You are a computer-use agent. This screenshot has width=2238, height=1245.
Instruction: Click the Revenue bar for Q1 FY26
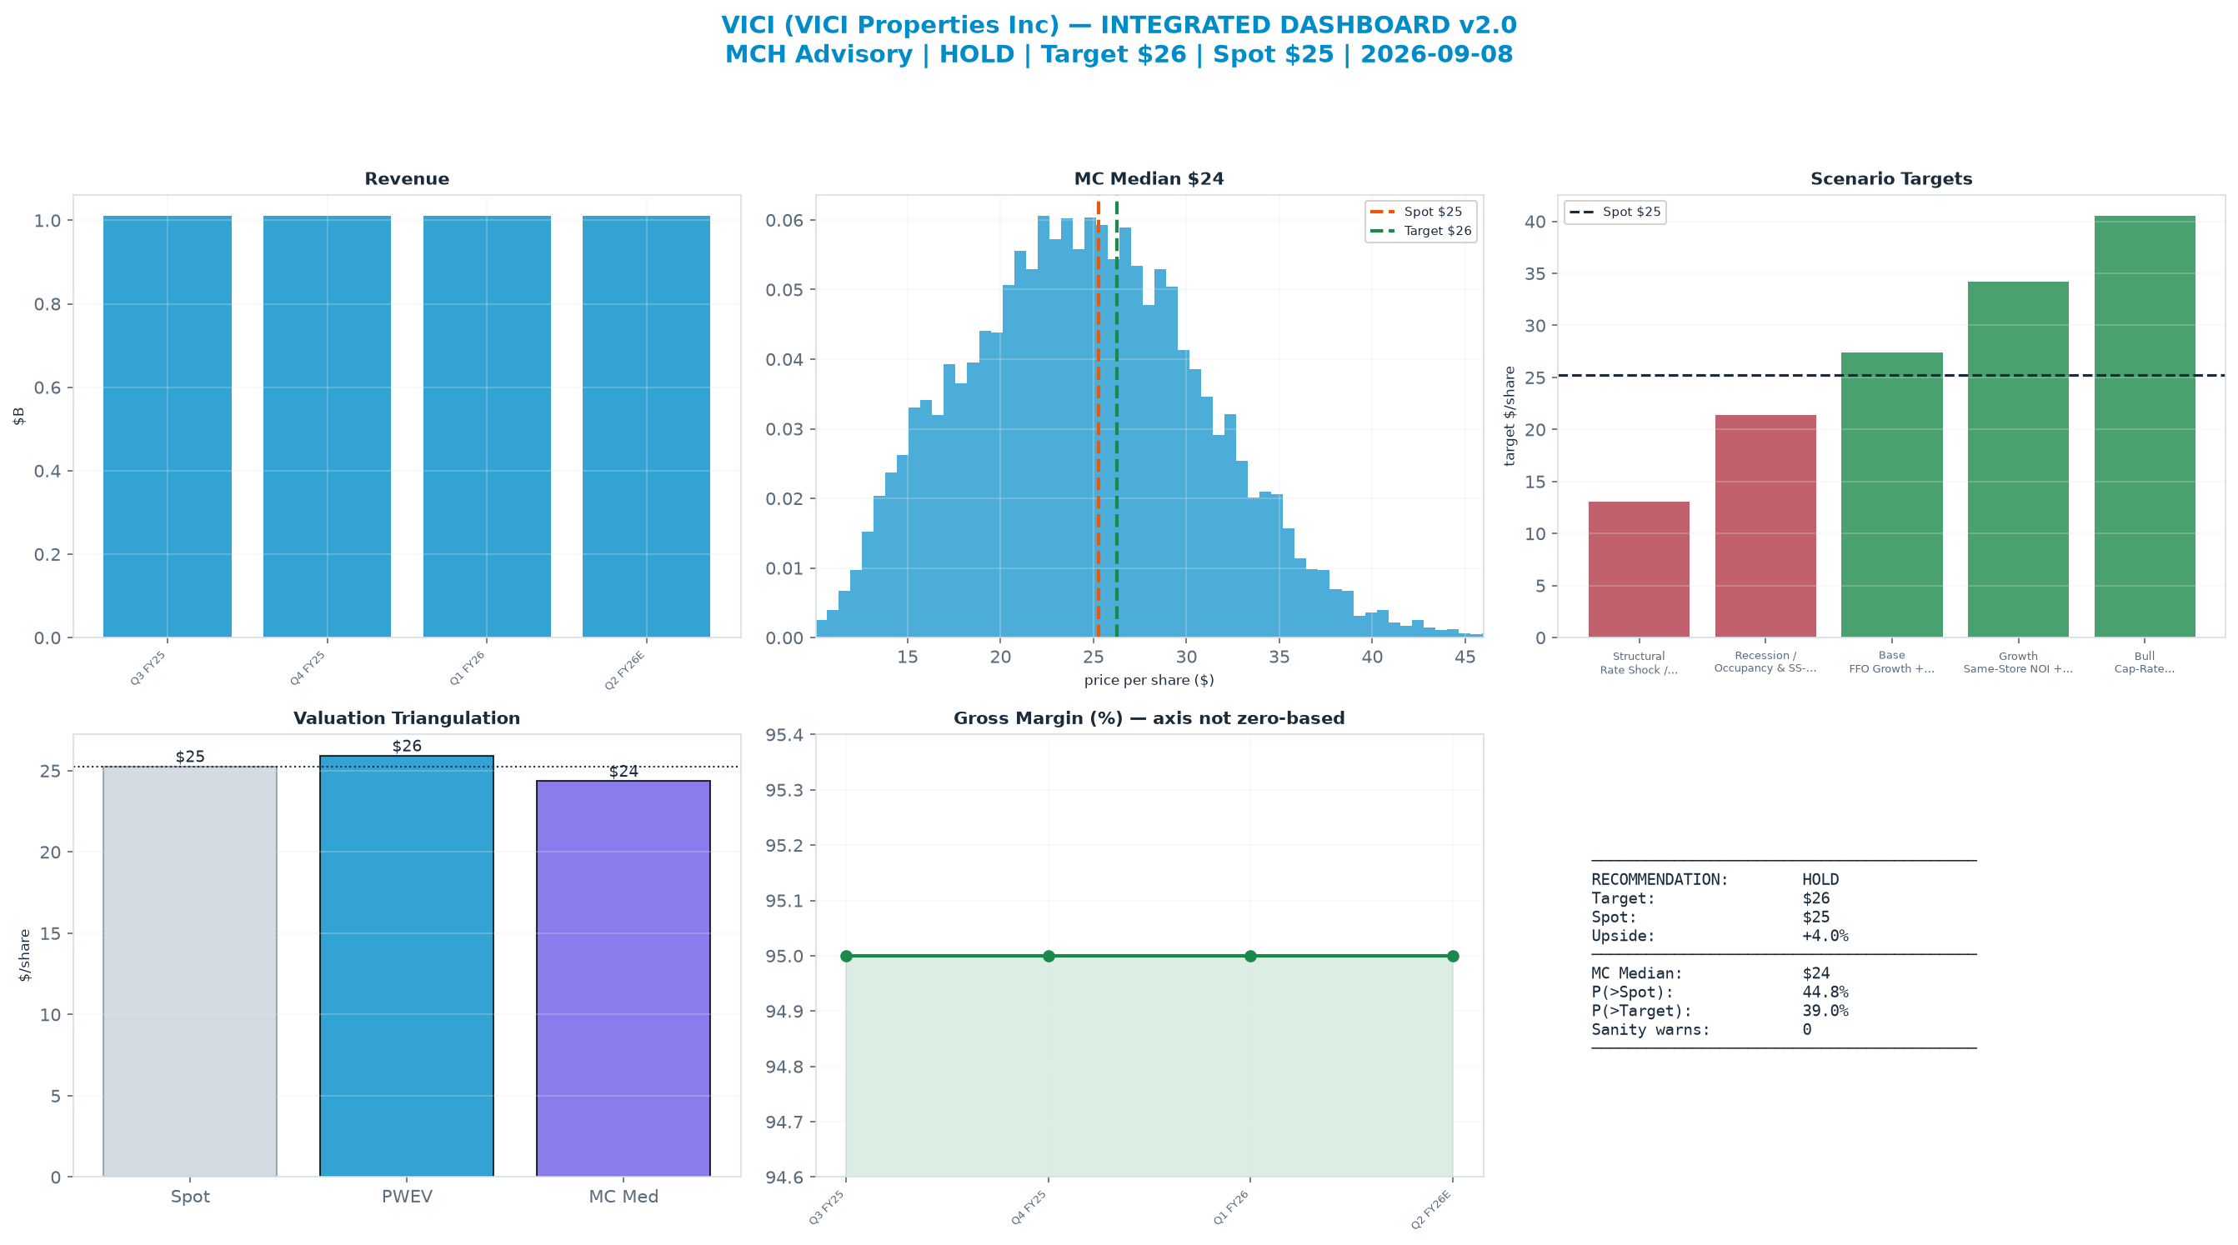pos(487,427)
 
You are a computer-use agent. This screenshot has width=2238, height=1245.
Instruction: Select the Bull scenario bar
pos(2144,427)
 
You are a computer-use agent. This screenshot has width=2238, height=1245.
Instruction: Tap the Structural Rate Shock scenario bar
pos(1639,569)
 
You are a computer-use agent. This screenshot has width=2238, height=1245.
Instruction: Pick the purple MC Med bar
pos(623,978)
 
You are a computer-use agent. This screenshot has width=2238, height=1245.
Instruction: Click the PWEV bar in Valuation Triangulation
pos(407,966)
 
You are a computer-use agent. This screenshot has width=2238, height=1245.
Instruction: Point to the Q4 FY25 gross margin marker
pos(1049,956)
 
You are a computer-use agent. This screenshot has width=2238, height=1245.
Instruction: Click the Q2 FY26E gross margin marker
pos(1453,956)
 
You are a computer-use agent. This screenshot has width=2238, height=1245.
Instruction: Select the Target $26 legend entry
pos(1421,231)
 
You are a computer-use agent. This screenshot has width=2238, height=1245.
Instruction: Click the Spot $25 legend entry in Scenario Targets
pos(1615,212)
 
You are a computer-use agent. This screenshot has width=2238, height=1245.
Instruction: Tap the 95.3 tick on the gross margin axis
pos(787,791)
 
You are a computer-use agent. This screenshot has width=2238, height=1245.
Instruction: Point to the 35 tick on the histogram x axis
pos(1279,657)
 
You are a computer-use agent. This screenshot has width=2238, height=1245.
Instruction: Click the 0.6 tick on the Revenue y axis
pos(48,387)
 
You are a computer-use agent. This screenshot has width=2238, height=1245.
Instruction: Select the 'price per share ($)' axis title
pos(1149,680)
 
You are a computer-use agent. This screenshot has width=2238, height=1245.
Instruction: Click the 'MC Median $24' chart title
pos(1149,179)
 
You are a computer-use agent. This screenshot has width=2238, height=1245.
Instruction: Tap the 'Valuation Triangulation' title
pos(407,718)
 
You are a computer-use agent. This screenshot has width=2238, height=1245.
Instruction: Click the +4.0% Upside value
pos(1825,936)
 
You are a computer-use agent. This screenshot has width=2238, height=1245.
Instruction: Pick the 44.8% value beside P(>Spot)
pos(1825,992)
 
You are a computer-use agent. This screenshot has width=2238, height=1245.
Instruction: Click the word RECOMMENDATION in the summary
pos(1660,879)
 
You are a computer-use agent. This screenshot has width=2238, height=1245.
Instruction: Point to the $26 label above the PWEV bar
pos(407,747)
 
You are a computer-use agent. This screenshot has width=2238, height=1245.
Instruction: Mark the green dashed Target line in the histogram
pos(1116,420)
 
